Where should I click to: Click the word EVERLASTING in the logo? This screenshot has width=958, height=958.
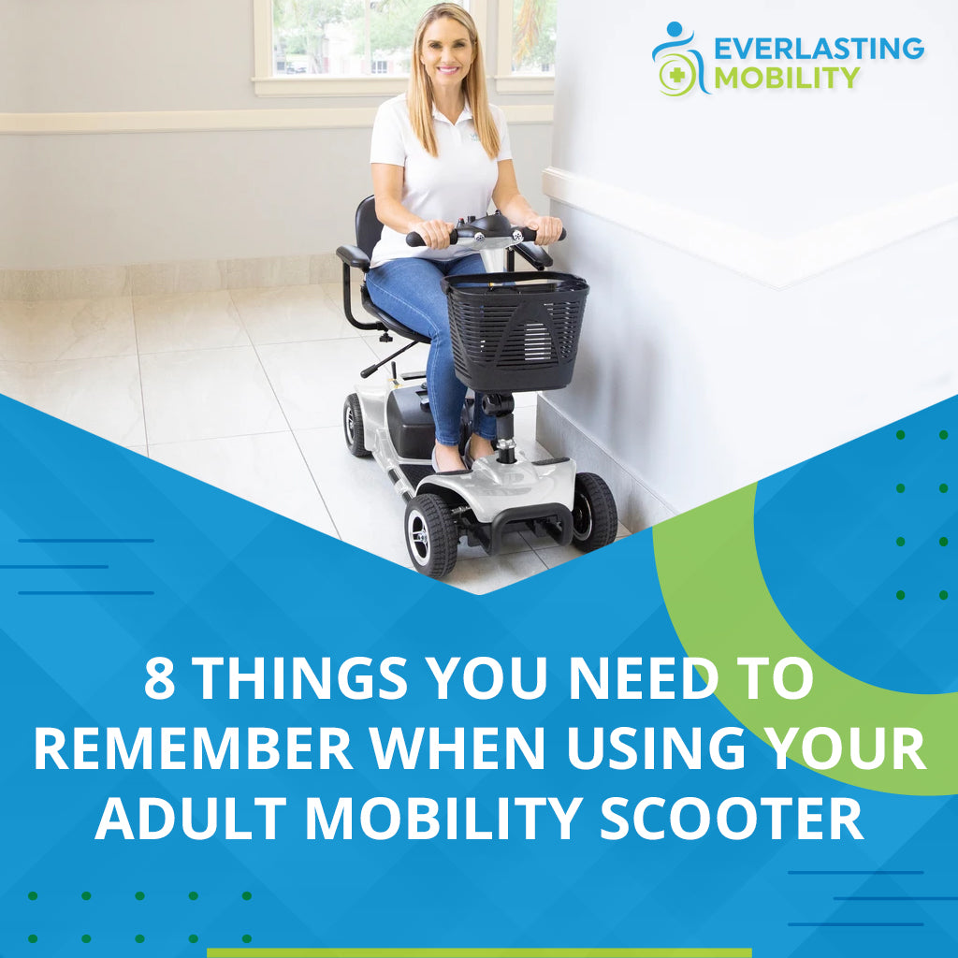[819, 48]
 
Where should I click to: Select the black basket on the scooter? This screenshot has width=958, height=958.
[515, 327]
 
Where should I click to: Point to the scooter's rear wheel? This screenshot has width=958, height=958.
[357, 425]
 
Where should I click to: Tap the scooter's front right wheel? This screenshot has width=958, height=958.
[595, 511]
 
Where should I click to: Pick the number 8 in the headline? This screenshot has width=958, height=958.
[160, 680]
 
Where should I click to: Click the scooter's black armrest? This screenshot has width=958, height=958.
[354, 256]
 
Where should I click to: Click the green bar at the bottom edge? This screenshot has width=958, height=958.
[479, 952]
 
